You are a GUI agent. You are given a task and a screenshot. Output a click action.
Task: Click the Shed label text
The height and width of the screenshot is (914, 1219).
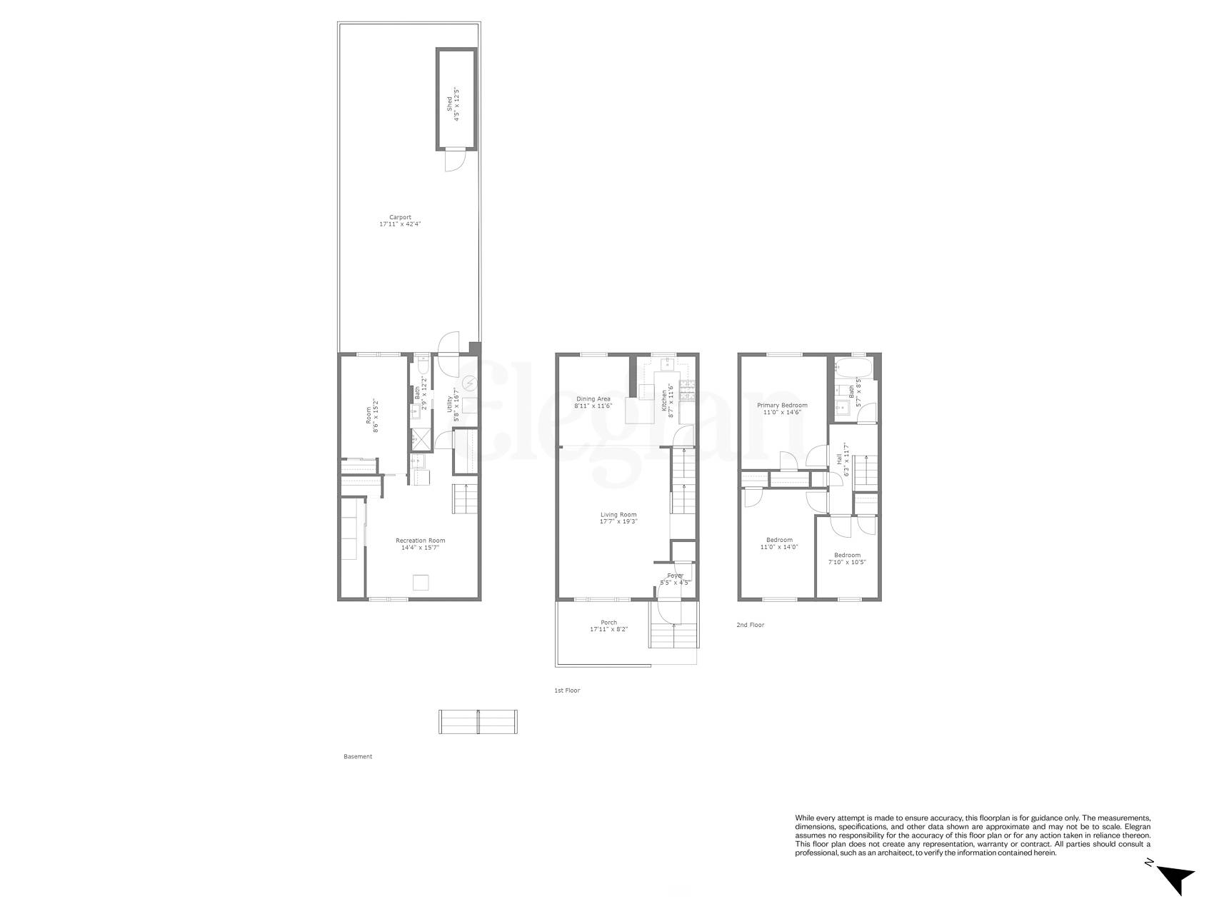point(453,104)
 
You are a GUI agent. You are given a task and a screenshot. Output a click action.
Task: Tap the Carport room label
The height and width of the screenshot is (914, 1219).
point(400,221)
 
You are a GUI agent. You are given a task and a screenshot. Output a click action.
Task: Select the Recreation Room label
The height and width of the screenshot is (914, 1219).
point(420,544)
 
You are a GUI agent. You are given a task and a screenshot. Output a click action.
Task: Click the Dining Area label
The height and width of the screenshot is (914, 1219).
point(593,402)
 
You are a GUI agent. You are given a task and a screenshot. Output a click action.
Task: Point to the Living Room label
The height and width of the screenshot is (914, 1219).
point(618,518)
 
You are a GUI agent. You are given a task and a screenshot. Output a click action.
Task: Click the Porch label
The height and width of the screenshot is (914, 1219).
point(608,626)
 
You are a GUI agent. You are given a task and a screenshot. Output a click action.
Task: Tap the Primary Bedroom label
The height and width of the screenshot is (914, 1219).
point(782,408)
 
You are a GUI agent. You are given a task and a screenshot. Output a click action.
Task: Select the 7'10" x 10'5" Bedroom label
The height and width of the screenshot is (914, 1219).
point(847,558)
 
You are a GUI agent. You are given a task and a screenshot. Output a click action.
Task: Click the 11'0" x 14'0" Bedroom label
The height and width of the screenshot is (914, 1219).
point(779,543)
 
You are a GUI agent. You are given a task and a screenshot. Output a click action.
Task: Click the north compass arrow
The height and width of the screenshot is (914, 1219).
point(1175,876)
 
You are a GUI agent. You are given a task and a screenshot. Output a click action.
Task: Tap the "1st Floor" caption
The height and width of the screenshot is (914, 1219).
point(567,690)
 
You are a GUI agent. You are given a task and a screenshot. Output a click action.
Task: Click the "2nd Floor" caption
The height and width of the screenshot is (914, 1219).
point(750,625)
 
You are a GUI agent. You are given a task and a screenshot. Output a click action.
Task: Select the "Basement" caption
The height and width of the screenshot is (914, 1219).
point(358,756)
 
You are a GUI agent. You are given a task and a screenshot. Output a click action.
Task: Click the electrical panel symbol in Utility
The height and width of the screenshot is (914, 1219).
point(469,383)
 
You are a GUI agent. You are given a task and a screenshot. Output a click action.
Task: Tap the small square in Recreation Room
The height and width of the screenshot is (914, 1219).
point(421,583)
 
